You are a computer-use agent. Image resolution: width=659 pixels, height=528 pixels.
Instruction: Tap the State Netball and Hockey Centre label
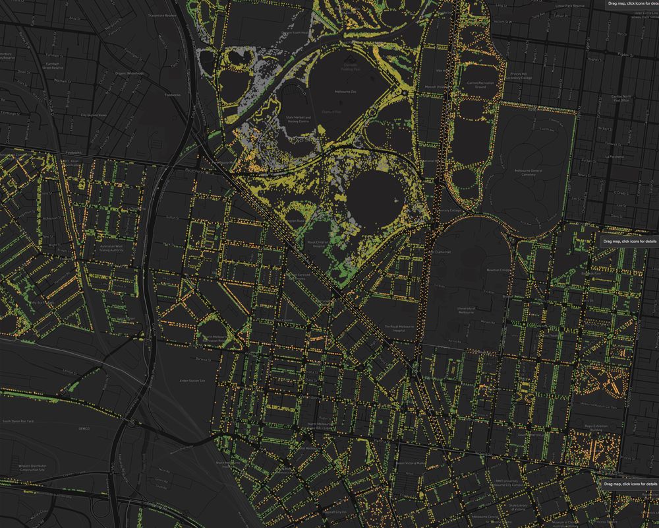299,119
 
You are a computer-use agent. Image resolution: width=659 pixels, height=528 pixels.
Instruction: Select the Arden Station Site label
192,381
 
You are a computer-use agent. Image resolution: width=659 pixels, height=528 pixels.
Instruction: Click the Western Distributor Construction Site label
32,467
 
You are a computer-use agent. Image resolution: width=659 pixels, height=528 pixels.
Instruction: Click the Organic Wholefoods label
129,73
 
